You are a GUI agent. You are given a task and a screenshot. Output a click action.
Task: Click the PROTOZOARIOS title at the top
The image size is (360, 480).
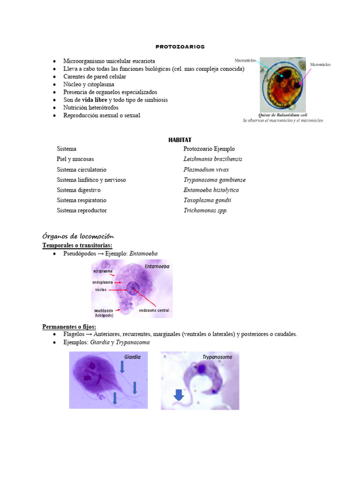[x=180, y=47]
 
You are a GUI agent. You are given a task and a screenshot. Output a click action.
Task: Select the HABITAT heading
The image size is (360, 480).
[x=180, y=140]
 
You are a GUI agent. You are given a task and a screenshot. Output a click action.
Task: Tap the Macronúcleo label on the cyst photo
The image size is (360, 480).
[x=246, y=61]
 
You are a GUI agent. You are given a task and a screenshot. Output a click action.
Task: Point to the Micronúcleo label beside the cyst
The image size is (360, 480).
[x=320, y=64]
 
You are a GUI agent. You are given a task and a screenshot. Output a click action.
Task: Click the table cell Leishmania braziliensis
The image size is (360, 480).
[x=213, y=159]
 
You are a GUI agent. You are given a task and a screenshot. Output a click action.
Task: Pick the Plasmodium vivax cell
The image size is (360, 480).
[x=206, y=169]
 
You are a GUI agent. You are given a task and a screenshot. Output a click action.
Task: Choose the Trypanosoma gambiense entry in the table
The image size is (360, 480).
[x=214, y=180]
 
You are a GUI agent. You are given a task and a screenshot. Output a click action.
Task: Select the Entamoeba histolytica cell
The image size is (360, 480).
[x=211, y=190]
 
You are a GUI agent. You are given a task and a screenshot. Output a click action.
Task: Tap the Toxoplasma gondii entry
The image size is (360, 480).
[x=207, y=200]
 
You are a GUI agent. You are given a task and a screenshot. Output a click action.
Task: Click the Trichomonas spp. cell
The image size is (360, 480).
[x=205, y=210]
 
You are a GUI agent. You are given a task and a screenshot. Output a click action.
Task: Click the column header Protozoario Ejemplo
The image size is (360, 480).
[x=209, y=149]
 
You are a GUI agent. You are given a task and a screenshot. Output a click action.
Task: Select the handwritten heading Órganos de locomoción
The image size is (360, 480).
[x=78, y=236]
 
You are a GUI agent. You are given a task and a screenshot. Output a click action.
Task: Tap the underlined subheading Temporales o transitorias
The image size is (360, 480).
[x=77, y=245]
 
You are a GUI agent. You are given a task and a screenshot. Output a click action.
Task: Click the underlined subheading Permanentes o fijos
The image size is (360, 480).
[x=69, y=326]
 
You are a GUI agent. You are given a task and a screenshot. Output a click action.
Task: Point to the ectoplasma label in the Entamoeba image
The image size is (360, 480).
[x=103, y=271]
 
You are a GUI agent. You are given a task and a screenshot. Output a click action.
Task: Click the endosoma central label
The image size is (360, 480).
[x=154, y=310]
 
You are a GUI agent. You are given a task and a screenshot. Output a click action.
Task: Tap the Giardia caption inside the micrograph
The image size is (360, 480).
[x=132, y=357]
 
